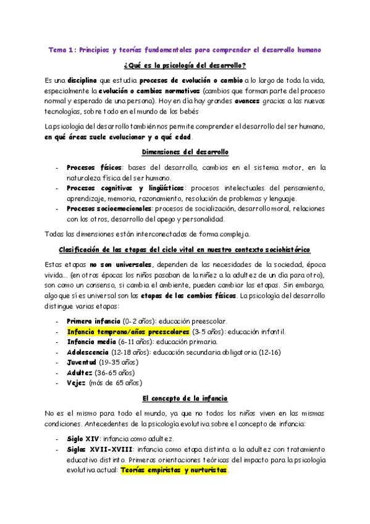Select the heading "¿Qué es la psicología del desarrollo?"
185,65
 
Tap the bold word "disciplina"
83,81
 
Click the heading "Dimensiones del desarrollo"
185,152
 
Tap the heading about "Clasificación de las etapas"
185,249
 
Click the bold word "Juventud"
82,362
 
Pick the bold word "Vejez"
77,382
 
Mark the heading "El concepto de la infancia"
185,399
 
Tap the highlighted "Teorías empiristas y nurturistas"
174,470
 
